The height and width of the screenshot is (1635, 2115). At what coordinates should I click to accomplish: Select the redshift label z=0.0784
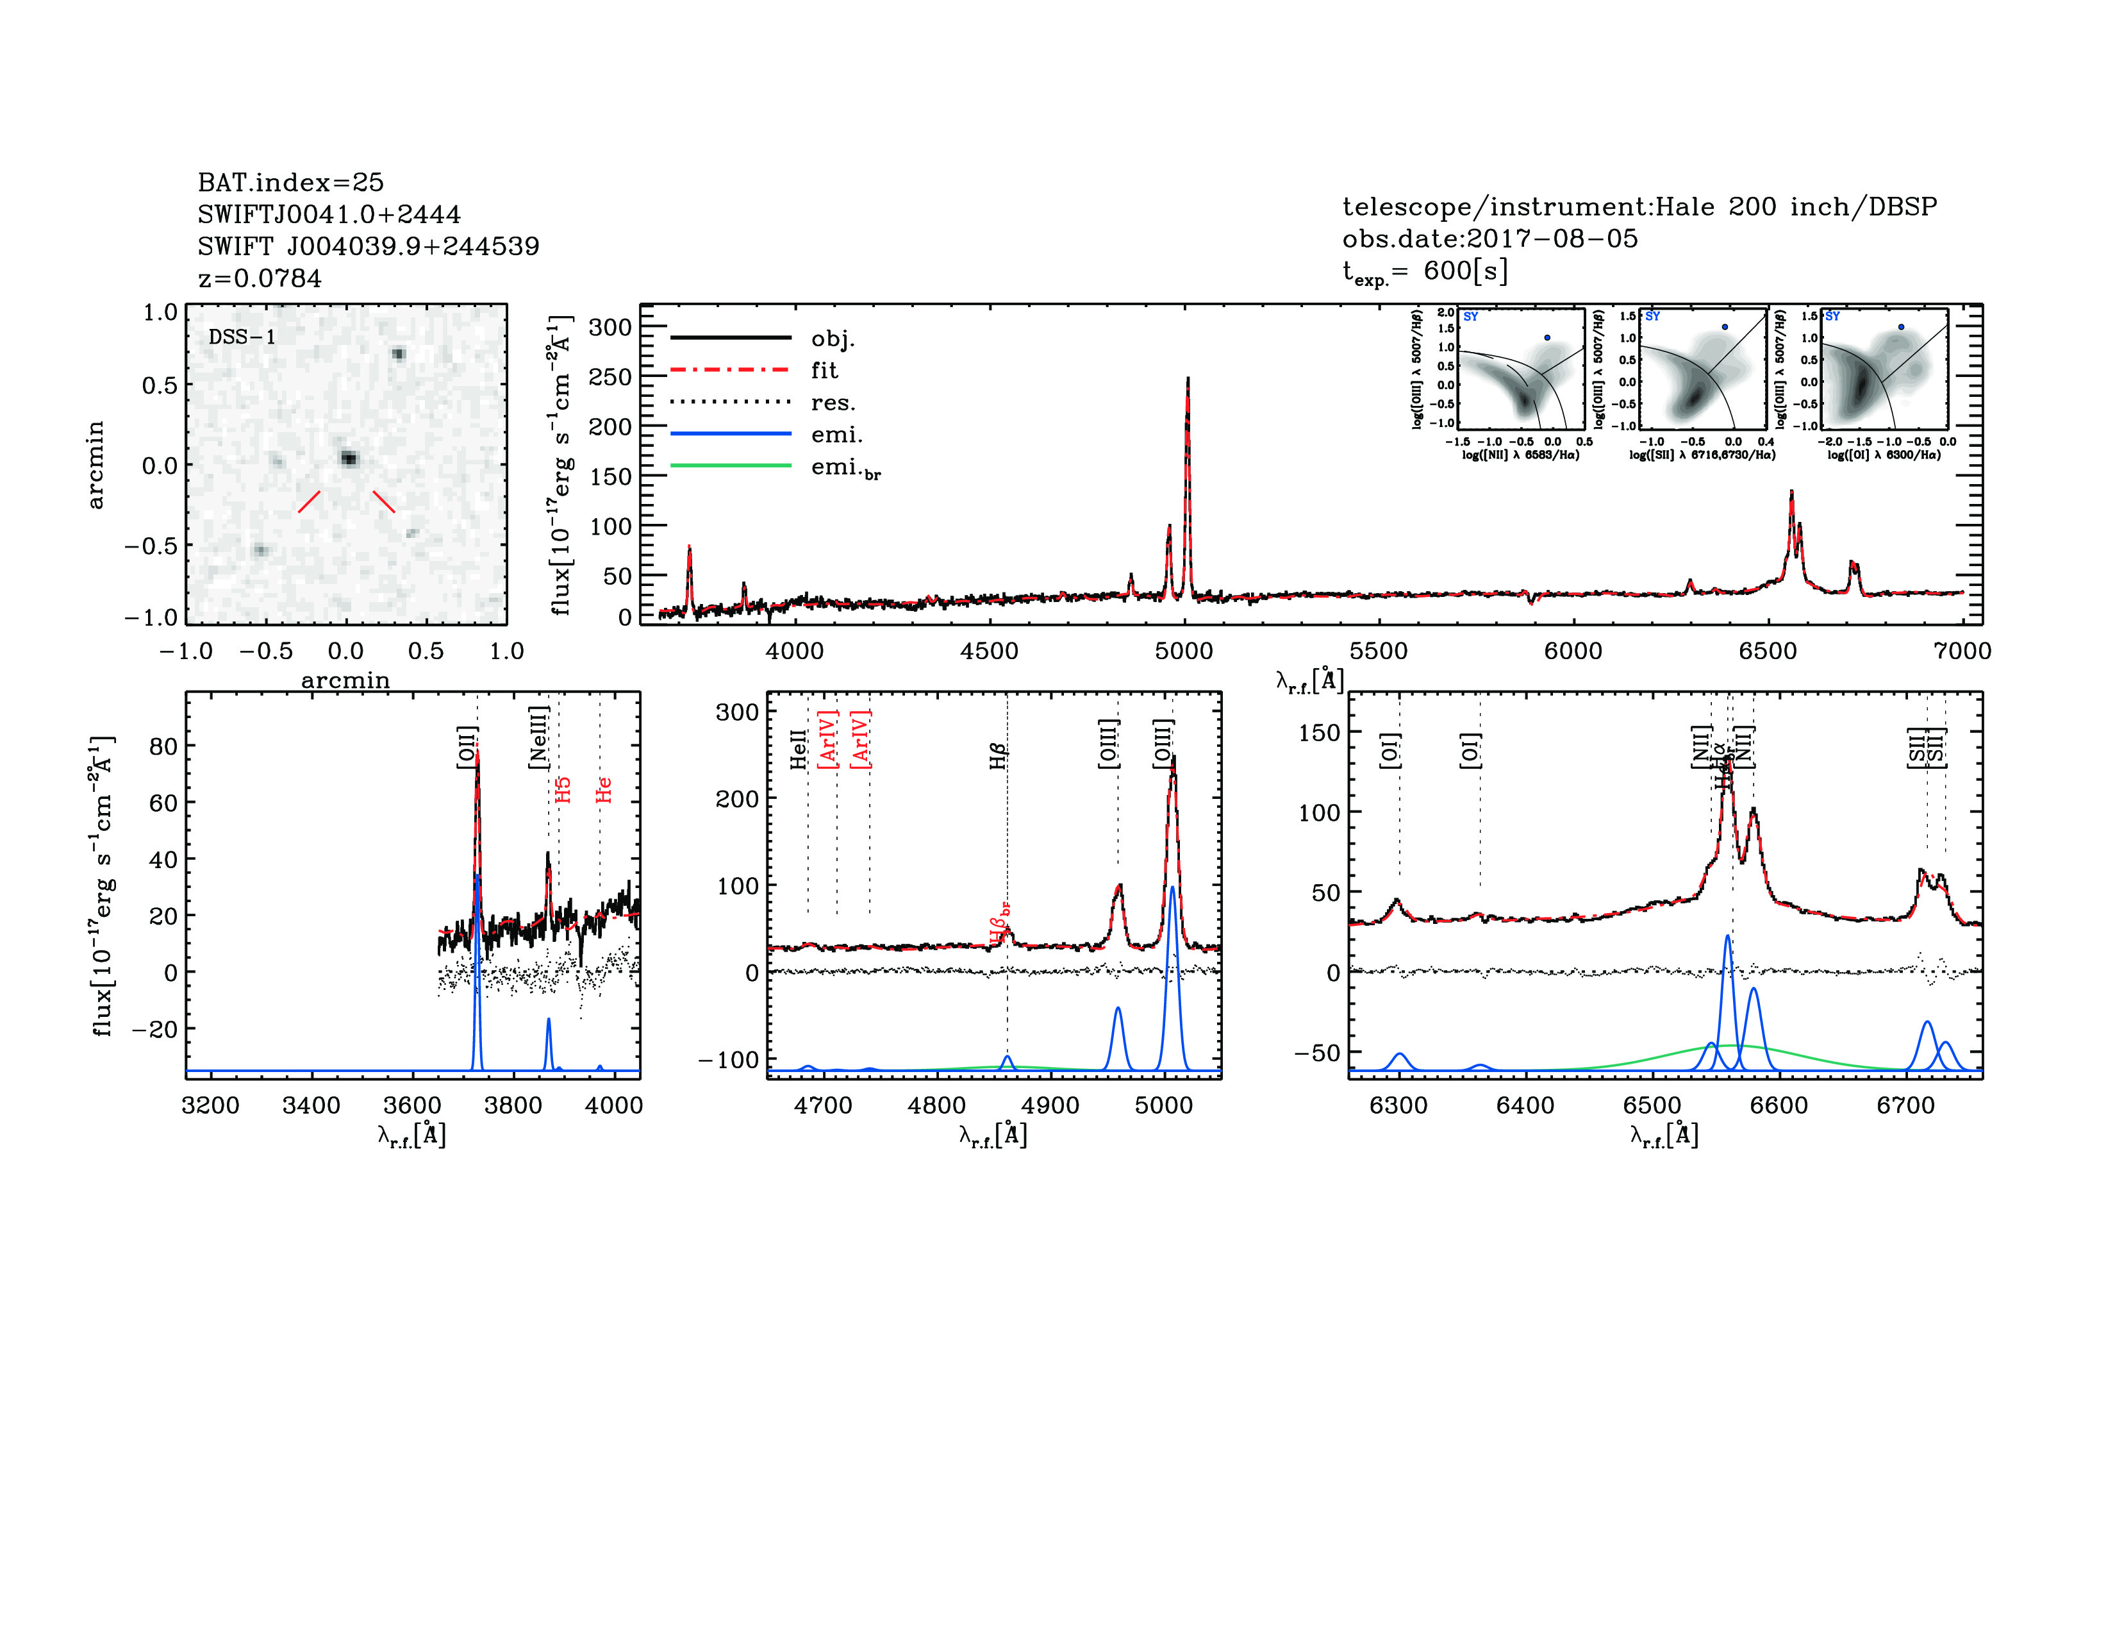click(x=260, y=278)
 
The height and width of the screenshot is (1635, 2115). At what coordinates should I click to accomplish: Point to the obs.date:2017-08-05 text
click(x=1489, y=239)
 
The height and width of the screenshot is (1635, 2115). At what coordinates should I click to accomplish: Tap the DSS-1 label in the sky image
click(x=242, y=337)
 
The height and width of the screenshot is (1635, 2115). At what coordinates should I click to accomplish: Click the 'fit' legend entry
click(x=824, y=370)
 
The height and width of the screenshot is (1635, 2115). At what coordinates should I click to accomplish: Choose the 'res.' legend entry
click(x=833, y=402)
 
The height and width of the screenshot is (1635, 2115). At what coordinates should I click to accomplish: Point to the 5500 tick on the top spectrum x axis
click(x=1378, y=651)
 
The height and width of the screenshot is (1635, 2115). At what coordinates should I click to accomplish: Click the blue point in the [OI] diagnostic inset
click(x=1901, y=328)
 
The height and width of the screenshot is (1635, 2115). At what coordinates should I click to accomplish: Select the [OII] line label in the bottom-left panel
click(x=467, y=747)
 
